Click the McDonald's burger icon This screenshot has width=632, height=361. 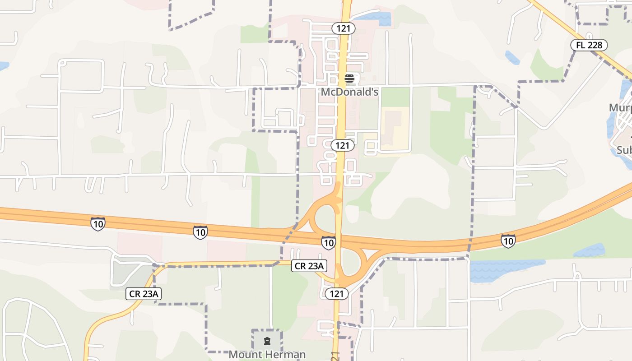point(349,79)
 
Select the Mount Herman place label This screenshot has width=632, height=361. point(267,354)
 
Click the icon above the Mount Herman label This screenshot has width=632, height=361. point(267,341)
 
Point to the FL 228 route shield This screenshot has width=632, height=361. point(589,45)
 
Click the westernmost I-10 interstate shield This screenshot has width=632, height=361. point(98,224)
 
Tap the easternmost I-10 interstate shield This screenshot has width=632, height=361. point(508,241)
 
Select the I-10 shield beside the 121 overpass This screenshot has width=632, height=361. point(328,242)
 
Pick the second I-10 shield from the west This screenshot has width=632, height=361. point(200,232)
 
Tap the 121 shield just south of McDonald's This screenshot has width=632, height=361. point(342,145)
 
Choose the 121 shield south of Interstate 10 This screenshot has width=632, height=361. point(336,294)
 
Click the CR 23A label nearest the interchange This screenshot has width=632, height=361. point(309,266)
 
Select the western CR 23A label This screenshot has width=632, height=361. point(143,294)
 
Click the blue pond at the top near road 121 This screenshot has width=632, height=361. point(376,19)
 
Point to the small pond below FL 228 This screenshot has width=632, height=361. point(512,58)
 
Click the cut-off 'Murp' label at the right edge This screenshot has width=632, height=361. point(620,108)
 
